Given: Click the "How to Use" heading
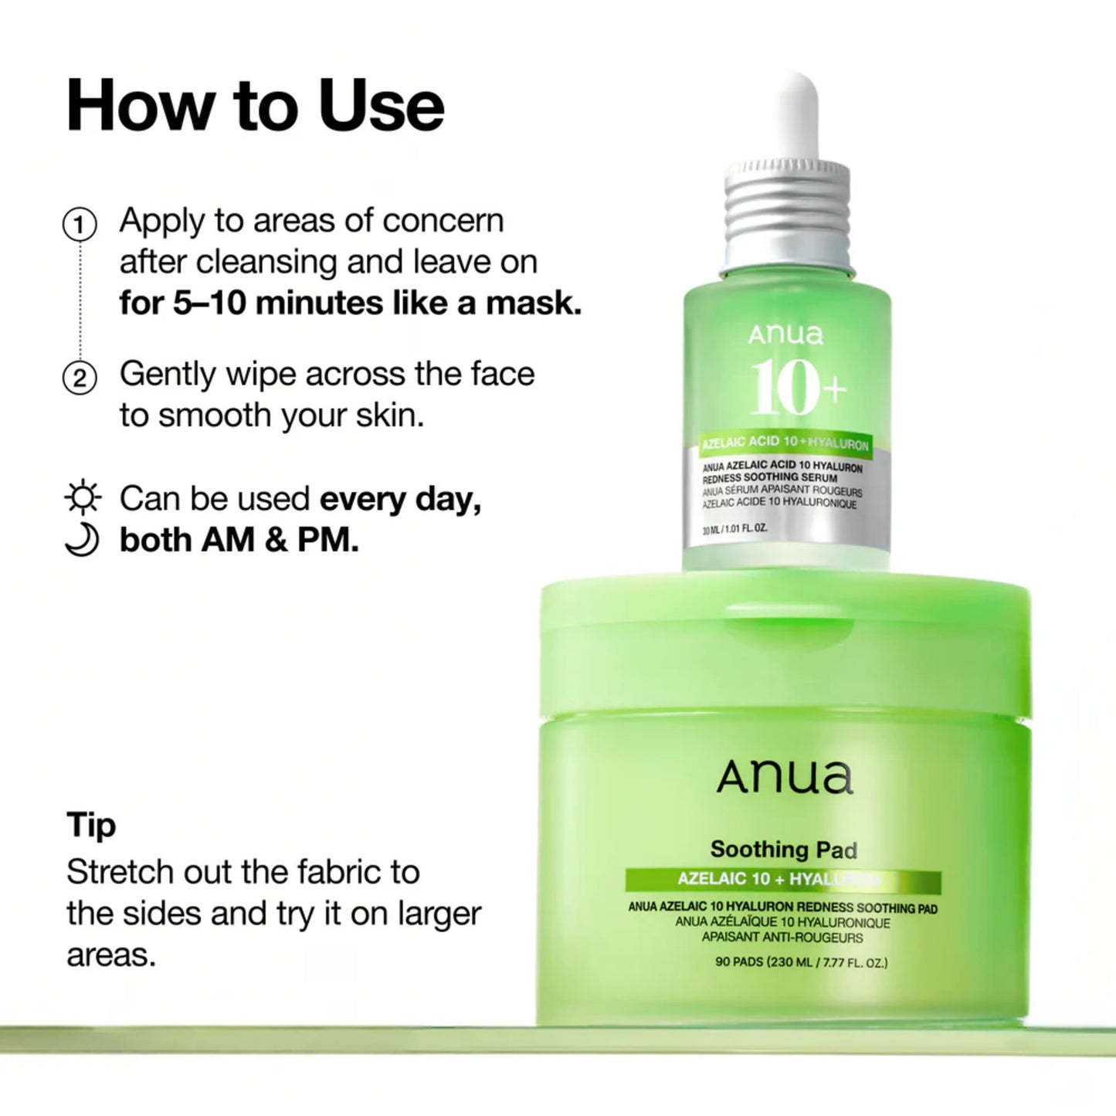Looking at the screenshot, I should tap(255, 106).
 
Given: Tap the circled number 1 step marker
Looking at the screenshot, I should tap(80, 225).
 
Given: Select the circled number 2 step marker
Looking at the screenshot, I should tap(80, 378).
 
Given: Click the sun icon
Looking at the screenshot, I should tap(82, 497).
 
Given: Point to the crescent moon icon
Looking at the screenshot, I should tap(82, 539).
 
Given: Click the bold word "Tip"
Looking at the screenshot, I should tap(91, 825).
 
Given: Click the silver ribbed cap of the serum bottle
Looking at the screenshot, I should tap(787, 203).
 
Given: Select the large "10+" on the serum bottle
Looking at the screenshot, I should tap(796, 386).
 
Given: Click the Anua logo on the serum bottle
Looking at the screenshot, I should tap(785, 334).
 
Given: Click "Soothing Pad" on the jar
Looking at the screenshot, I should tap(783, 850).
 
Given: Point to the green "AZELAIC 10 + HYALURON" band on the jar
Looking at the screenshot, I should tap(782, 880).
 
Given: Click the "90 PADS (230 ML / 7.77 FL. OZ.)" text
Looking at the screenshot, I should tap(801, 962).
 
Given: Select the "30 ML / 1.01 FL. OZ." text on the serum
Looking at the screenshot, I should tap(734, 530).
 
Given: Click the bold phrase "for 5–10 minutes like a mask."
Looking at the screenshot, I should tap(350, 303).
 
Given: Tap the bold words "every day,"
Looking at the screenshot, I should tap(400, 499).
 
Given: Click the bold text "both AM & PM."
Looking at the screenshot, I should tap(239, 540).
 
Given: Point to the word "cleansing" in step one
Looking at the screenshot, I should tap(267, 262).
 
